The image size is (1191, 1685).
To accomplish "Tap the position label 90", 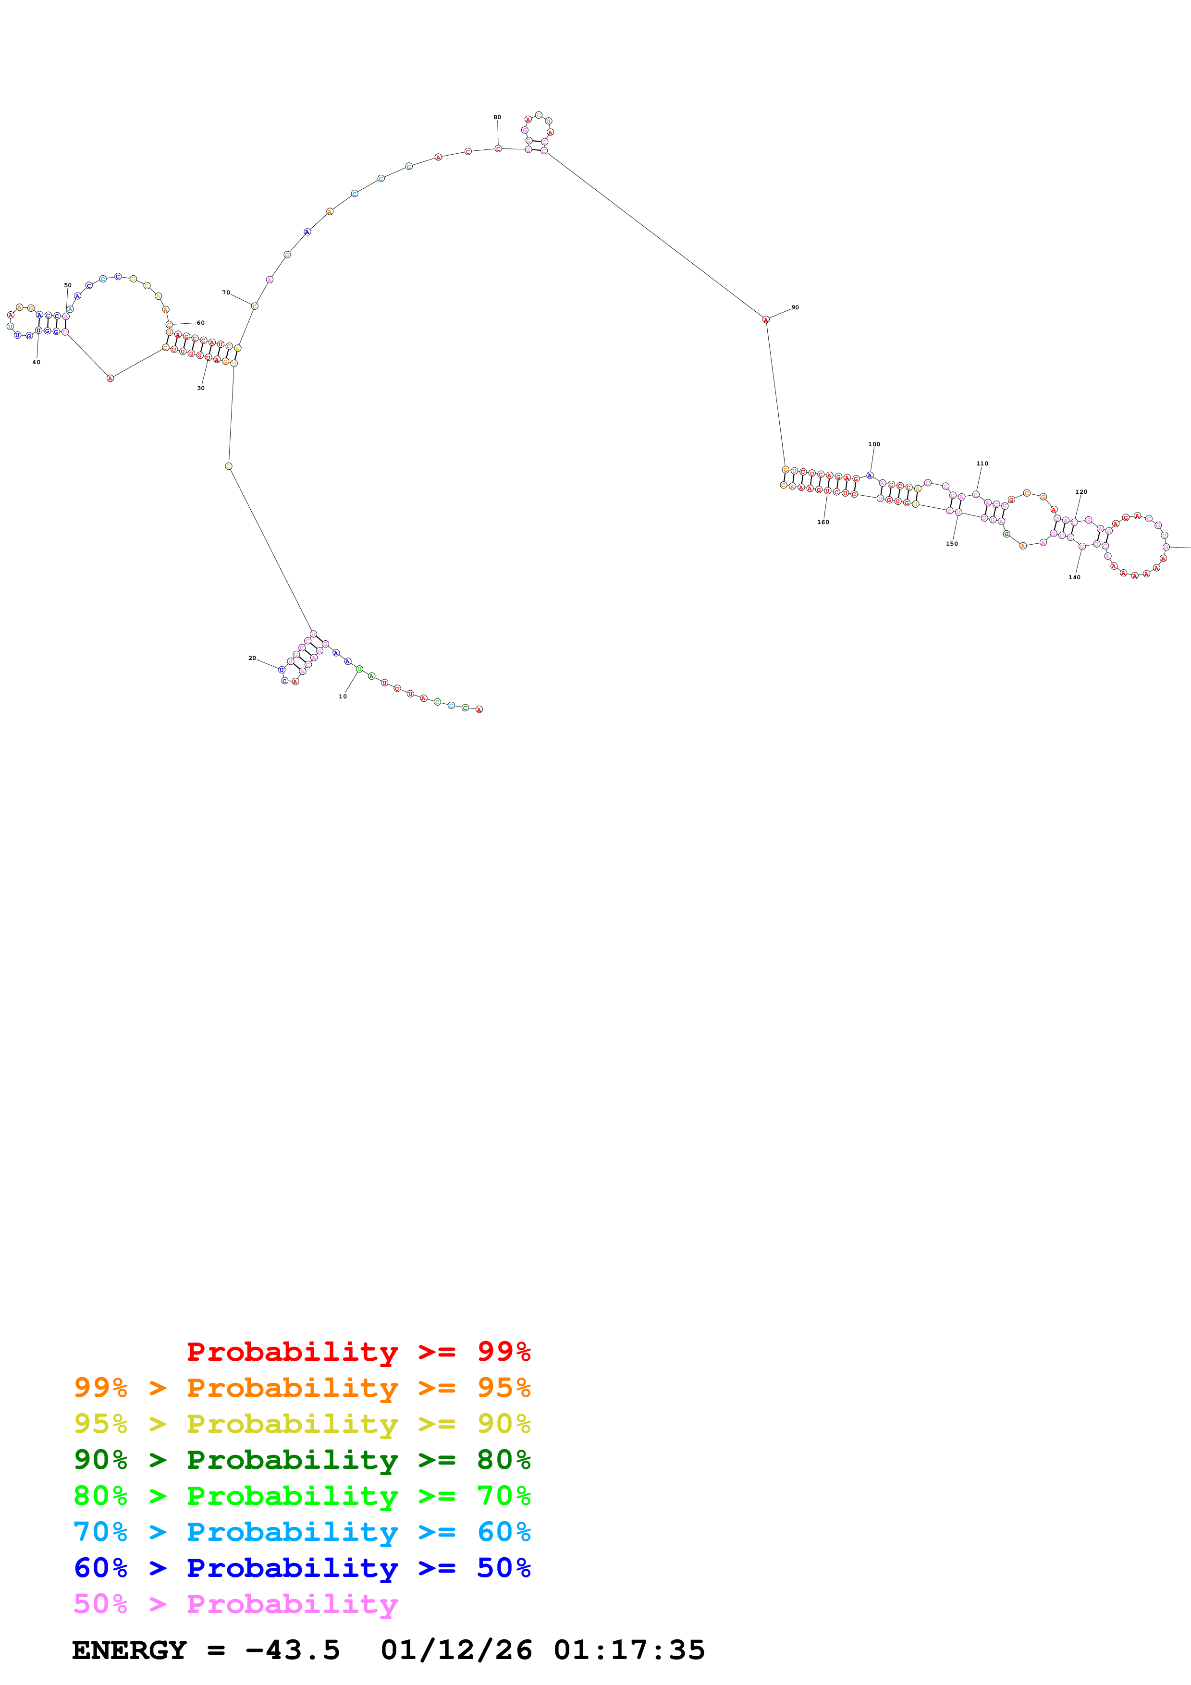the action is (x=795, y=307).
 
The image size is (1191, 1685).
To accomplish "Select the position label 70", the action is (x=226, y=292).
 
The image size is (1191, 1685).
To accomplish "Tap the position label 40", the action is (x=36, y=362).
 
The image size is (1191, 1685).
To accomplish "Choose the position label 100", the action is (x=874, y=444).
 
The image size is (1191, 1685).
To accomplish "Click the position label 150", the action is (x=952, y=544).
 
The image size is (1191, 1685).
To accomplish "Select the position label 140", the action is (x=1074, y=577).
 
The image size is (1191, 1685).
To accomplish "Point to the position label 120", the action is (x=1081, y=492).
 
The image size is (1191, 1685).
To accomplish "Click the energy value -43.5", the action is (x=293, y=1650).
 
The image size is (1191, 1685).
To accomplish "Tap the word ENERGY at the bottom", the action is (x=129, y=1650).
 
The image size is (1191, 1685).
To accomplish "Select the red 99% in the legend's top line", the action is (x=503, y=1351).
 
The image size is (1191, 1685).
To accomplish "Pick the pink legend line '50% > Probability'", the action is (x=235, y=1603).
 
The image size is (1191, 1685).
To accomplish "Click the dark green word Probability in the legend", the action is (x=292, y=1460).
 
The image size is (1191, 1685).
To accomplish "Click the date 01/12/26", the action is (x=456, y=1650).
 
